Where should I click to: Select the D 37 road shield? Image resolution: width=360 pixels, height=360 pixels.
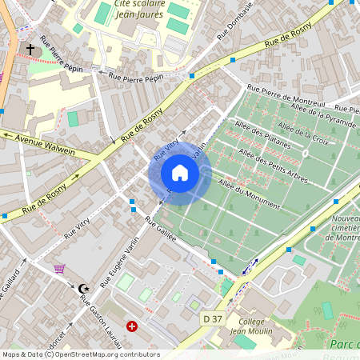[x=212, y=318]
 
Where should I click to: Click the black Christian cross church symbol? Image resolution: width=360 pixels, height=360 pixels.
[x=30, y=50]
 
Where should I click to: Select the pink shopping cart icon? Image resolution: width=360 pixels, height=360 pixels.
[x=59, y=269]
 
